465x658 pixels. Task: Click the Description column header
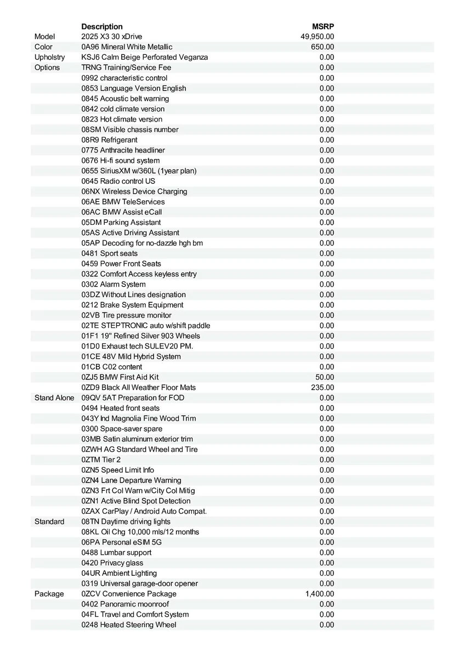(x=102, y=26)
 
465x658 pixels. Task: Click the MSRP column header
(x=323, y=26)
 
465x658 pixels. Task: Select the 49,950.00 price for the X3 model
(x=317, y=37)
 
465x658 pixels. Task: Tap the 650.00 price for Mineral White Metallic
(x=322, y=47)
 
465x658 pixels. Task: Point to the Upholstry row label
(x=49, y=57)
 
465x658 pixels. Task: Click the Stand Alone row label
(x=54, y=398)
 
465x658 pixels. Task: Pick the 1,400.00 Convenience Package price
(x=320, y=594)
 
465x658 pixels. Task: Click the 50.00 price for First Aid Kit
(x=325, y=377)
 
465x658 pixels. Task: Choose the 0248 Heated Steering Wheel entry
(x=129, y=625)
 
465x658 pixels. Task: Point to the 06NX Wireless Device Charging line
(x=134, y=191)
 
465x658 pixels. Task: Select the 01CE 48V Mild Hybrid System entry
(x=131, y=356)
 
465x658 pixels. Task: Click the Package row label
(x=49, y=594)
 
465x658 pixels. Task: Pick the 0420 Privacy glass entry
(x=112, y=563)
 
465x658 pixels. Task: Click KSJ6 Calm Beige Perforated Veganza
(x=145, y=57)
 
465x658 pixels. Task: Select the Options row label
(x=47, y=67)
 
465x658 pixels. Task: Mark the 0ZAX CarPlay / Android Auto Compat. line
(x=144, y=512)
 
